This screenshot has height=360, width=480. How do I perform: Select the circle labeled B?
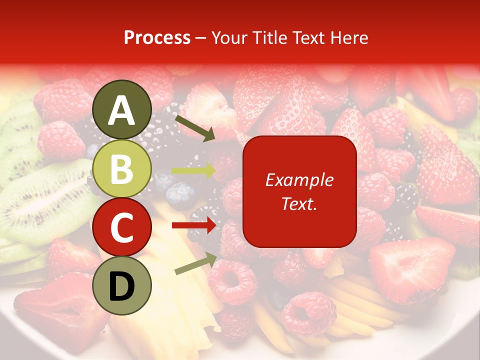coord(122,169)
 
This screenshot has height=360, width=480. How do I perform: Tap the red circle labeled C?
coord(122,227)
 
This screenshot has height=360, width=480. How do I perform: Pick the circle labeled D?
coord(122,286)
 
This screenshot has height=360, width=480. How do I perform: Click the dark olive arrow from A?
coord(195,128)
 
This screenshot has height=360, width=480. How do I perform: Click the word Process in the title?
coord(157,38)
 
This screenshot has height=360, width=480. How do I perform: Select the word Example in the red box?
coord(299,180)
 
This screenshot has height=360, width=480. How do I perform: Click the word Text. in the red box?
coord(299,203)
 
